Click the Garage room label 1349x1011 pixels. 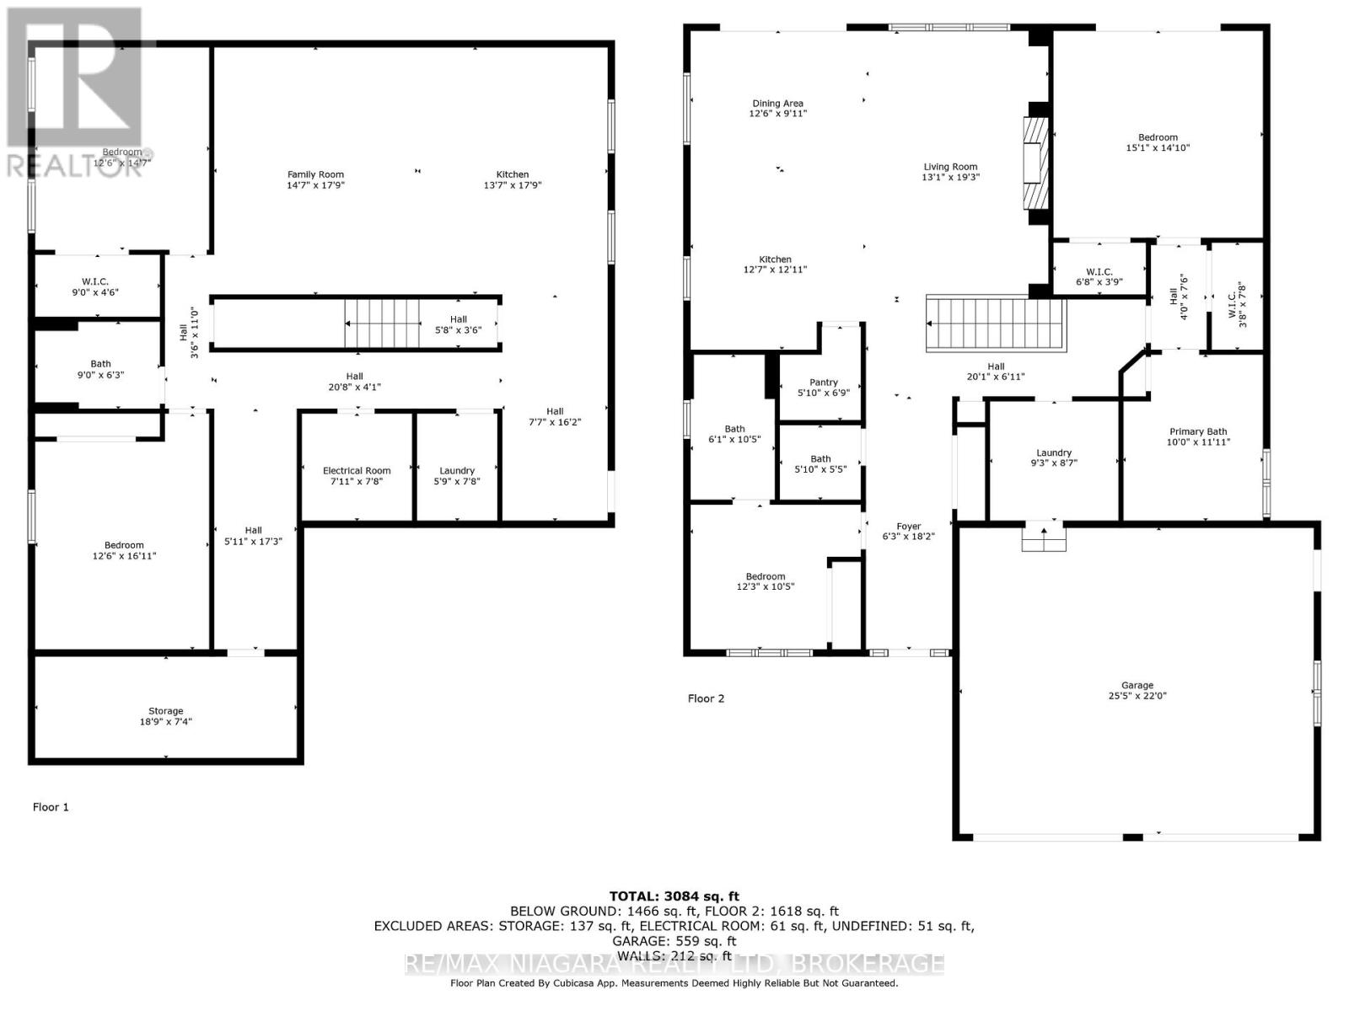[1137, 685]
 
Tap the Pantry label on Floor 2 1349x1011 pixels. [823, 382]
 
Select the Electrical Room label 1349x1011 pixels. [357, 471]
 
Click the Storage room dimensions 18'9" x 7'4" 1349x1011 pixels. [166, 722]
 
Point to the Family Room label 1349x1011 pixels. [315, 174]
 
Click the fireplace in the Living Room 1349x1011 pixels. [1034, 163]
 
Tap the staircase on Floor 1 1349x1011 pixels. [382, 323]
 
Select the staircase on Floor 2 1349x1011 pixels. [996, 324]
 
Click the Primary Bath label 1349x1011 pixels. [1197, 431]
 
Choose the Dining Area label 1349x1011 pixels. [777, 104]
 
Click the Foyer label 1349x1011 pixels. [908, 526]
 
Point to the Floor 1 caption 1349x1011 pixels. [51, 807]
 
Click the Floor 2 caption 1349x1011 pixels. [706, 698]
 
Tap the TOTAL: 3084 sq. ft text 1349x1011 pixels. [674, 896]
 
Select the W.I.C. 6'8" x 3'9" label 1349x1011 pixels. [1099, 276]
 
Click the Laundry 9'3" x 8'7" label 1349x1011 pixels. [1053, 457]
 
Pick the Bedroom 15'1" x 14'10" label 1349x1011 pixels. [1158, 142]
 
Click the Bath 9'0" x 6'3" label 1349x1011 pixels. [100, 369]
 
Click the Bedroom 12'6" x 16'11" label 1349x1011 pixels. [124, 550]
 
